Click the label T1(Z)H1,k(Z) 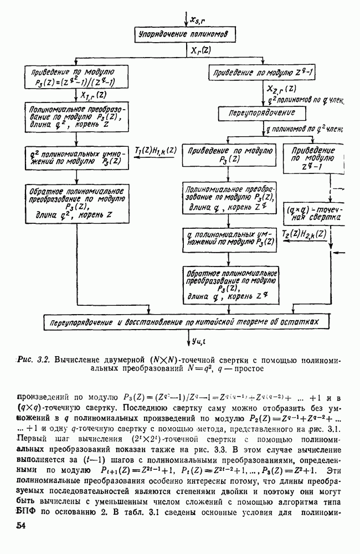point(157,150)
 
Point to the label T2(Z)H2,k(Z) point(312,235)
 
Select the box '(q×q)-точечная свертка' point(314,214)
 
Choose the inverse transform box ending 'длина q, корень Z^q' point(229,283)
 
